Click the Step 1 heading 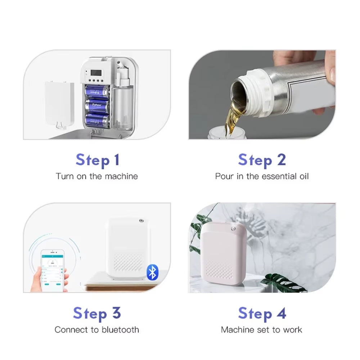coord(97,160)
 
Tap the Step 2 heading coord(262,160)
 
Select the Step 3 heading coord(97,313)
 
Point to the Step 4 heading coord(262,313)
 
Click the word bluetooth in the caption coord(120,329)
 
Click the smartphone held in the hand coord(53,268)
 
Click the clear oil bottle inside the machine coord(122,108)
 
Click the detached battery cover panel coord(59,104)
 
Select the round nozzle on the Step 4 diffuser coord(234,229)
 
